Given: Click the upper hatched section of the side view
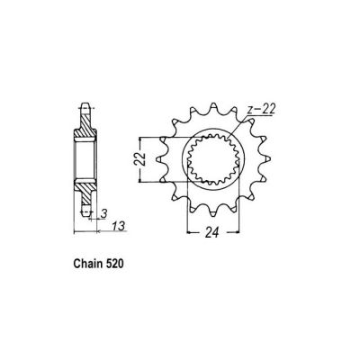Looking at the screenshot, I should point(84,130).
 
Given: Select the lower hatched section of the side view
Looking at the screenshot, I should point(84,190).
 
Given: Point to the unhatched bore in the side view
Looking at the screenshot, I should point(85,160).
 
